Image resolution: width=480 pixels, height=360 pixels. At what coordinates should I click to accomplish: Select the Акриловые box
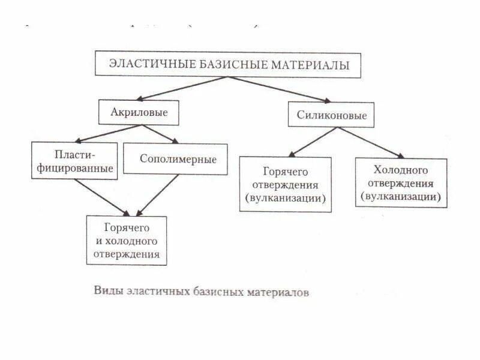click(139, 112)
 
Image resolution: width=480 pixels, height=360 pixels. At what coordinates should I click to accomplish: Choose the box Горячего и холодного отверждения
click(127, 241)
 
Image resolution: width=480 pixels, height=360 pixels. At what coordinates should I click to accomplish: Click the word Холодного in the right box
click(401, 170)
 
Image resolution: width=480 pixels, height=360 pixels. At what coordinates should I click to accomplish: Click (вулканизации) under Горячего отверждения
click(286, 198)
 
